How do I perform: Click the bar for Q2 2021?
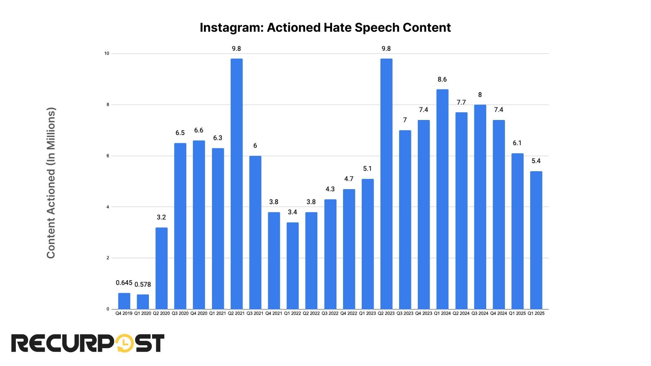coord(236,184)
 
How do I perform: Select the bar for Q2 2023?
coord(386,184)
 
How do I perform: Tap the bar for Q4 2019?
coord(124,301)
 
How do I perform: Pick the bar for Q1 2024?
coord(442,199)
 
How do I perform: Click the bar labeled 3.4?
coord(293,266)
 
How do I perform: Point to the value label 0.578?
coord(143,285)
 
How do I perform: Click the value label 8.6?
coord(442,80)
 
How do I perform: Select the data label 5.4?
coord(536,161)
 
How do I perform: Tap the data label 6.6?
coord(199,131)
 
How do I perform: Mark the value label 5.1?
coord(367,169)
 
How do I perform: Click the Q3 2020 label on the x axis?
coord(180,314)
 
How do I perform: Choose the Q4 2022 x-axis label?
coord(349,314)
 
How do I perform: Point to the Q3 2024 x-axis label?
coord(480,314)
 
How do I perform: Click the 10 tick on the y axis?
coord(107,54)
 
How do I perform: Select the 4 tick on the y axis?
coord(108,207)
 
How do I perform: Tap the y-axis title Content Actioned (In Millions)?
coord(51,183)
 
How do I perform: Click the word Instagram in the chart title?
coord(231,28)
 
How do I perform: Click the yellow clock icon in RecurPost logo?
coord(125,343)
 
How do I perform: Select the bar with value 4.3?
coord(330,254)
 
